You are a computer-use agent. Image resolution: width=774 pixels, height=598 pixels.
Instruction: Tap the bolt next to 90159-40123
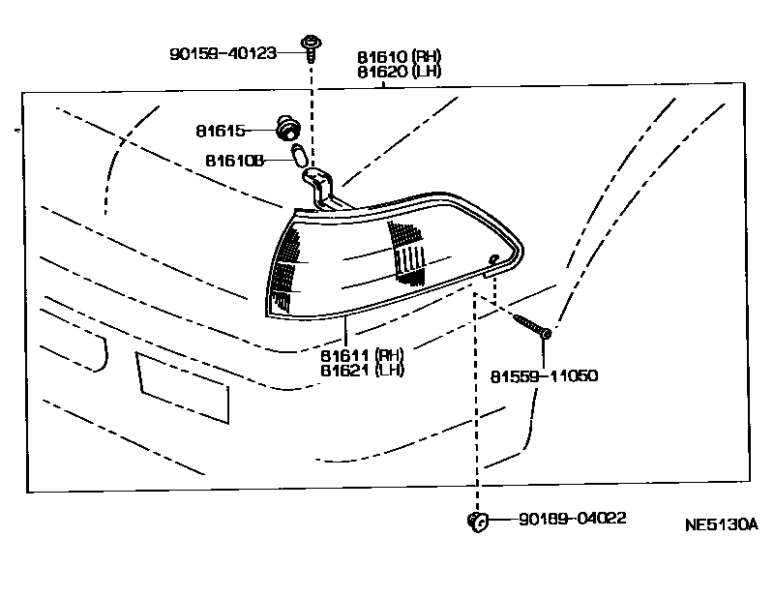click(312, 47)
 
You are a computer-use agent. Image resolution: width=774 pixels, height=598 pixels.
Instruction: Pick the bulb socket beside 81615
click(286, 128)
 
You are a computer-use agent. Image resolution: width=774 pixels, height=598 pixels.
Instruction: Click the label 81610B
click(234, 160)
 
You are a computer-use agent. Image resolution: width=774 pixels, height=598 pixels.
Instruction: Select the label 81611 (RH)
click(363, 355)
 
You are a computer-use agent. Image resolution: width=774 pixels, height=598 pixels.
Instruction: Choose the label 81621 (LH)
click(363, 371)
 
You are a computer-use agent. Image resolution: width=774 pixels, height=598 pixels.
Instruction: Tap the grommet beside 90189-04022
click(475, 521)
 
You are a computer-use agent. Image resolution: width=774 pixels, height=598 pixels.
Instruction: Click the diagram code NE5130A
click(722, 526)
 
